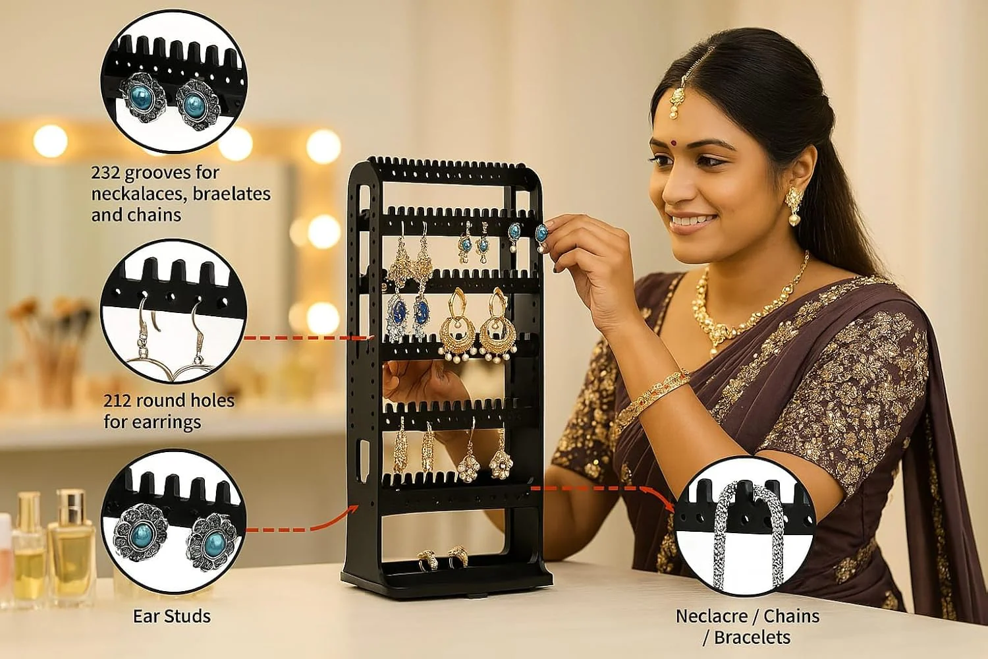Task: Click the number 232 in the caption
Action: [x=105, y=173]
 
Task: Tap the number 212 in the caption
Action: [x=119, y=401]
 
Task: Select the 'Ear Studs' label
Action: [x=172, y=617]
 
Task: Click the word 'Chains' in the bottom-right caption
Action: [x=791, y=617]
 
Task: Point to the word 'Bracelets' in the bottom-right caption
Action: [x=753, y=638]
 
